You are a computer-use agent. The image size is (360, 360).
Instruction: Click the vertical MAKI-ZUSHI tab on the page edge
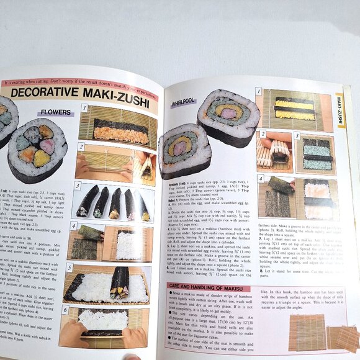point(340,109)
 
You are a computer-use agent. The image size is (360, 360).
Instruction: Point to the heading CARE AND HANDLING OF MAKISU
point(207,287)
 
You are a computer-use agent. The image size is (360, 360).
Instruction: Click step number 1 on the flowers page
point(84,108)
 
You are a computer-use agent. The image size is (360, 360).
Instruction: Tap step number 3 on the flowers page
point(78,185)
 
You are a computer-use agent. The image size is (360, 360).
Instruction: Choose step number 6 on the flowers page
point(65,309)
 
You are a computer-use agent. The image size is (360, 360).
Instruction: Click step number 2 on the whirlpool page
point(263,133)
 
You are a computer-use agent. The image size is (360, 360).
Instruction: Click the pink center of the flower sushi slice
point(47,146)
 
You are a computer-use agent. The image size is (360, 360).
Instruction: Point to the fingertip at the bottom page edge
point(132,357)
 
